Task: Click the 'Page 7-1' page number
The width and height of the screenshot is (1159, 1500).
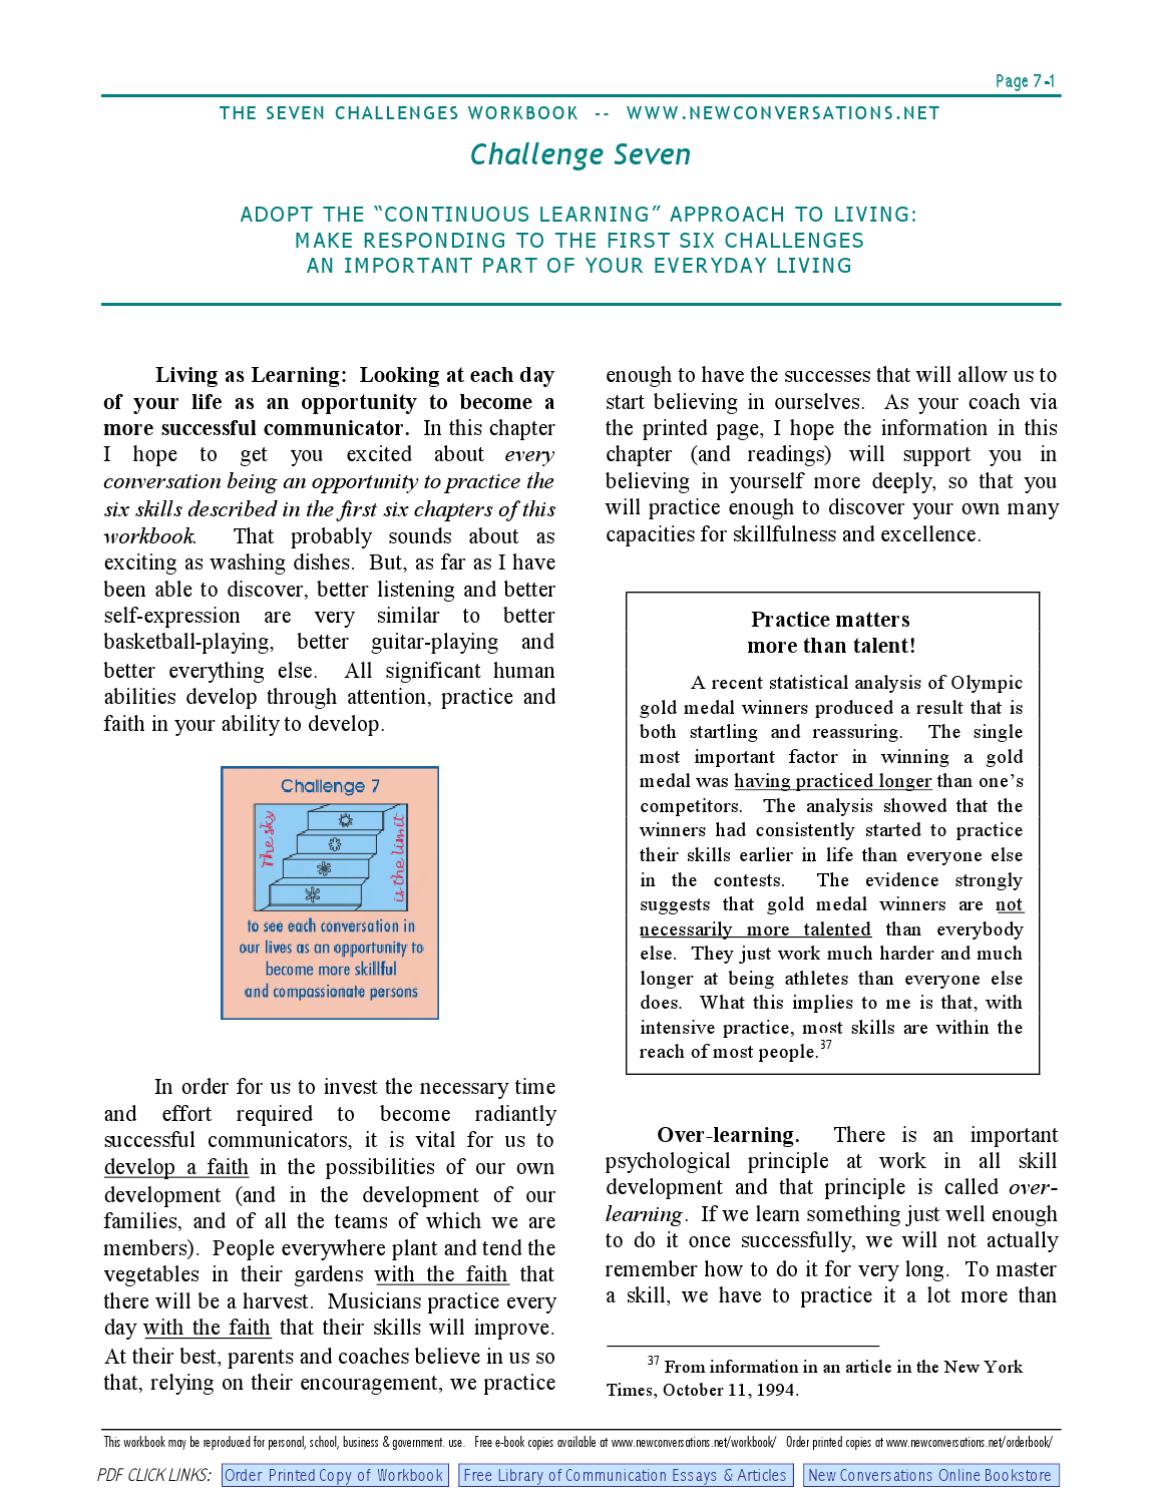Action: (x=1026, y=81)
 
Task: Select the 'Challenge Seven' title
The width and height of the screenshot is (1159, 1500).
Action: (x=580, y=154)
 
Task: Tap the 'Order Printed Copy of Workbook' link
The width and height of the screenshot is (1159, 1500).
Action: (x=333, y=1475)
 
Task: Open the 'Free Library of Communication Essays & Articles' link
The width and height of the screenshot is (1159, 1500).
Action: (x=626, y=1475)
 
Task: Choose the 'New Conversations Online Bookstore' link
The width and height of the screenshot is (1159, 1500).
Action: (x=930, y=1475)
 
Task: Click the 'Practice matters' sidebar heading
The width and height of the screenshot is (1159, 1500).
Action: (x=830, y=619)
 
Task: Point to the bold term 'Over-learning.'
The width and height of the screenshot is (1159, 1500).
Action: (x=727, y=1134)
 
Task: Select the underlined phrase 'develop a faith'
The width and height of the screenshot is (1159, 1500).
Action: (x=176, y=1167)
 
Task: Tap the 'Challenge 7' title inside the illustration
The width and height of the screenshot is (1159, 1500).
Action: (x=330, y=786)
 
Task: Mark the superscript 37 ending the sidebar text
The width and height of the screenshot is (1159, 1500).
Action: (x=825, y=1047)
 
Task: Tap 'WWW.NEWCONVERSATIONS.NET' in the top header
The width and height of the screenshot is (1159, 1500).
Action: (x=783, y=113)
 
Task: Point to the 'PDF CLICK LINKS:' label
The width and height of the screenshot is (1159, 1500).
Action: (x=155, y=1475)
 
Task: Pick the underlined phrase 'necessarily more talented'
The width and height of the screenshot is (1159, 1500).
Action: (x=755, y=929)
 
